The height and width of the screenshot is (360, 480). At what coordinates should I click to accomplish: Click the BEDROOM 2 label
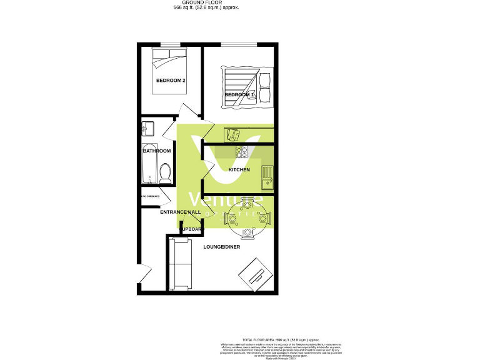[171, 81]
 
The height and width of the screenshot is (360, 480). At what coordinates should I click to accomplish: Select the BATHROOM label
[157, 151]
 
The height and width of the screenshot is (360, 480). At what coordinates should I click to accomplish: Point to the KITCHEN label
[239, 170]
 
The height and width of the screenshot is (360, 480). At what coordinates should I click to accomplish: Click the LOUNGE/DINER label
[221, 247]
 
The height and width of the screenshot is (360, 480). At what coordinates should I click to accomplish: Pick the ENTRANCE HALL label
[181, 212]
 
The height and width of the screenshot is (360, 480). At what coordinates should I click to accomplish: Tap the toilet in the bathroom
[166, 173]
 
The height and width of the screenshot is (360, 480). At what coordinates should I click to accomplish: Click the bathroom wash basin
[148, 128]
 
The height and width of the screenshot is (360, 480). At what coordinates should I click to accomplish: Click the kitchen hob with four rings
[242, 152]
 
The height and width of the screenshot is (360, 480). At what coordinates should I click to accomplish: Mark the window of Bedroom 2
[170, 44]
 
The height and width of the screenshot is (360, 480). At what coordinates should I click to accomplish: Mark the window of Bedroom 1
[238, 44]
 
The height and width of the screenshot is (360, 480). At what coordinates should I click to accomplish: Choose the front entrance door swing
[143, 275]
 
